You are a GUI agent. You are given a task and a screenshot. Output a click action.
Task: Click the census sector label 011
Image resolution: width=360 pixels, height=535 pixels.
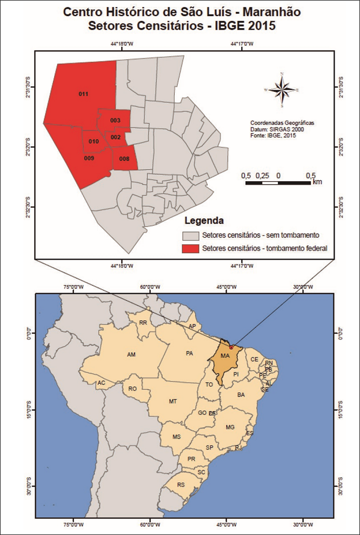(83, 93)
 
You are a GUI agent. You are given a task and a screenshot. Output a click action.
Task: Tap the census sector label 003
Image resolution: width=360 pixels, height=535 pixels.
(115, 120)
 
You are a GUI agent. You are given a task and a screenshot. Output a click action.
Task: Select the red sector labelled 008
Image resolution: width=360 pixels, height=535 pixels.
(124, 159)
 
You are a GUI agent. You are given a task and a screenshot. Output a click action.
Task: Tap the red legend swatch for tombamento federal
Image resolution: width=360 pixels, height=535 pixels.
(190, 249)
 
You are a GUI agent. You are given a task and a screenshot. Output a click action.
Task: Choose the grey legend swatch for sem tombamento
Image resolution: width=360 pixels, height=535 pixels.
(190, 235)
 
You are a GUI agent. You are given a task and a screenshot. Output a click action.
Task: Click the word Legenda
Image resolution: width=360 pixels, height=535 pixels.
(204, 221)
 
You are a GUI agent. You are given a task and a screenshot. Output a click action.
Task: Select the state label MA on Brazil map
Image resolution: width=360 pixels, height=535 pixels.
(225, 356)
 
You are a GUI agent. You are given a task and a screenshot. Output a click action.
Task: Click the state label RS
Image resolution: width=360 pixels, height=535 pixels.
(181, 485)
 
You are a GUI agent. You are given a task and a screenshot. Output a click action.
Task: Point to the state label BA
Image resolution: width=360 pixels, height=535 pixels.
(241, 395)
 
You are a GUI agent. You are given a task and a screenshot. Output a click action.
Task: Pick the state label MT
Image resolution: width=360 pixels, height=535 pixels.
(172, 401)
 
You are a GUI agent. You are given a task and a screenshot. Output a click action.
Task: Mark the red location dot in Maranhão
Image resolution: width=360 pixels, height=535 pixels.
(231, 347)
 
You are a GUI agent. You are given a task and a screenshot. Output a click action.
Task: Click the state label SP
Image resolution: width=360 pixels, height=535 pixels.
(209, 448)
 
